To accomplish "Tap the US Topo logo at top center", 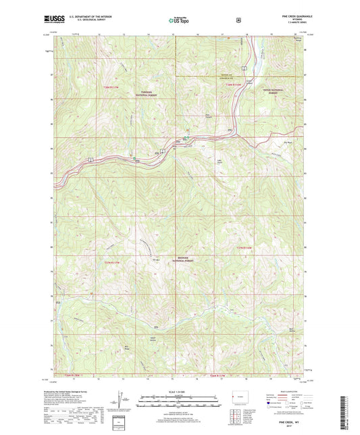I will [179, 21].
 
